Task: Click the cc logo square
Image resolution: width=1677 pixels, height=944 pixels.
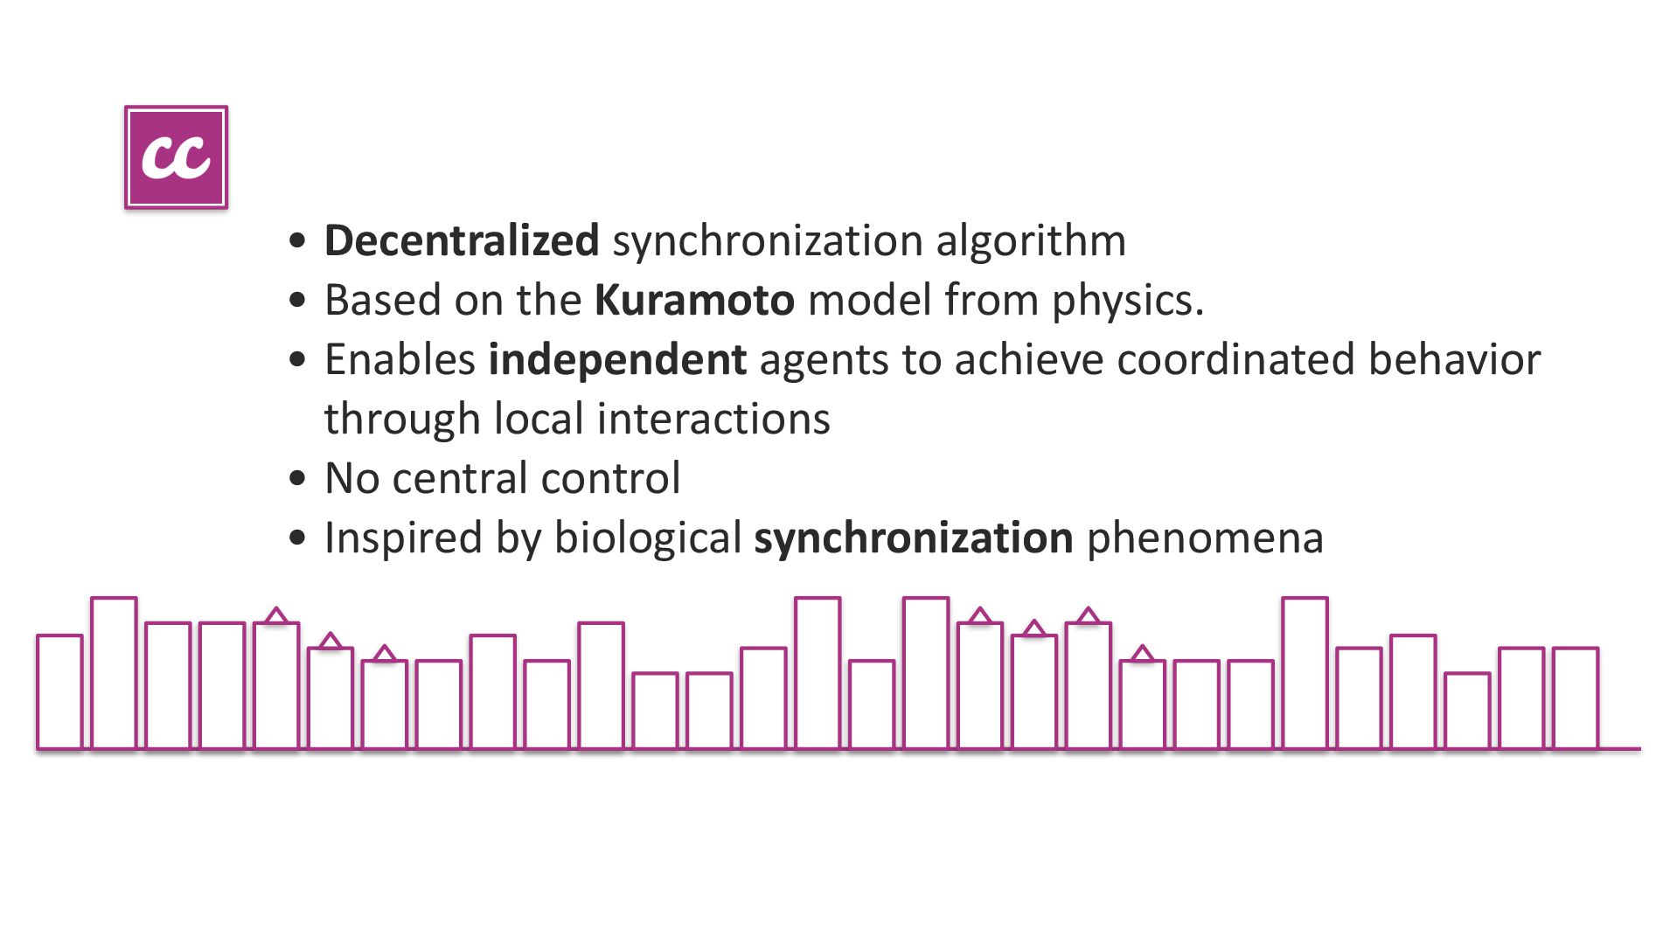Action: coord(176,157)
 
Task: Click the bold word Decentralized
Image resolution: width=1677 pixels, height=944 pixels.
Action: coord(461,240)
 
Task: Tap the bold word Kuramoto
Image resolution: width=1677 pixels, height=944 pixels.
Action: coord(694,300)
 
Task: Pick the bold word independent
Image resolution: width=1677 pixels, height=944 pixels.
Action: coord(617,359)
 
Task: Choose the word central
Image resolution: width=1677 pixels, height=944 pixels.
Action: coord(459,478)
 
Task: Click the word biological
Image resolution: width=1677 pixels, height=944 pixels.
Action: coord(647,538)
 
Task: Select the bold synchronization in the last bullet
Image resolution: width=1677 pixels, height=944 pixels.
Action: coord(913,538)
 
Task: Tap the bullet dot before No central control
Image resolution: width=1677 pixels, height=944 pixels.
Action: coord(298,479)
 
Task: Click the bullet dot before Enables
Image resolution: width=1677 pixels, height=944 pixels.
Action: coord(298,360)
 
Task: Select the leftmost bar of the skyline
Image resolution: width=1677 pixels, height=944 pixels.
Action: coord(59,691)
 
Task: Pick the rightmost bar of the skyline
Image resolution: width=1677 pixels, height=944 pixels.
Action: coord(1575,698)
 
